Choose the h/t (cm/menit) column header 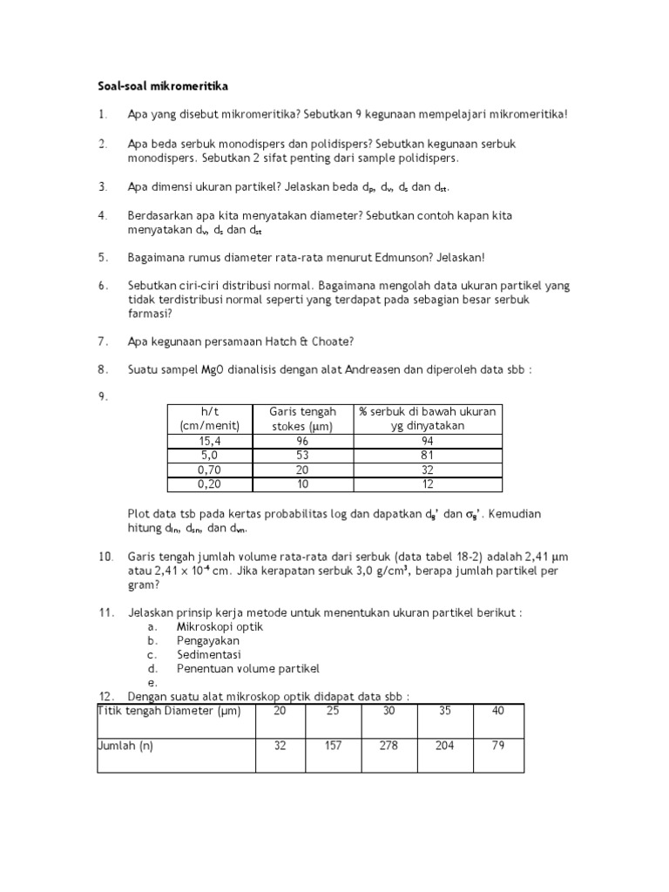tap(208, 418)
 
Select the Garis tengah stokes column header tap(301, 418)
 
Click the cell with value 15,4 tap(208, 441)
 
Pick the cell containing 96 tap(301, 441)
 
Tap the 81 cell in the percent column tap(427, 455)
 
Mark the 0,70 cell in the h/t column tap(208, 470)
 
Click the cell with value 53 tap(301, 455)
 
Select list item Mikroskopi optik tap(220, 626)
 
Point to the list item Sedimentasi tap(209, 654)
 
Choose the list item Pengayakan tap(207, 640)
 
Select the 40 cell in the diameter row tap(497, 710)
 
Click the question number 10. tap(105, 556)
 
